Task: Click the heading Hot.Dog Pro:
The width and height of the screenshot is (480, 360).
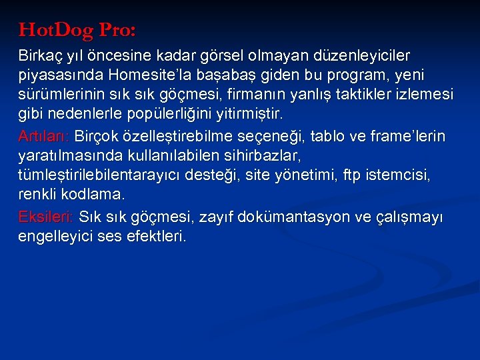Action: coord(77,30)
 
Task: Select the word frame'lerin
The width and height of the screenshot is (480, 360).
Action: coord(407,137)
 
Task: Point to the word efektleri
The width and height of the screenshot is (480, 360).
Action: coord(159,237)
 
